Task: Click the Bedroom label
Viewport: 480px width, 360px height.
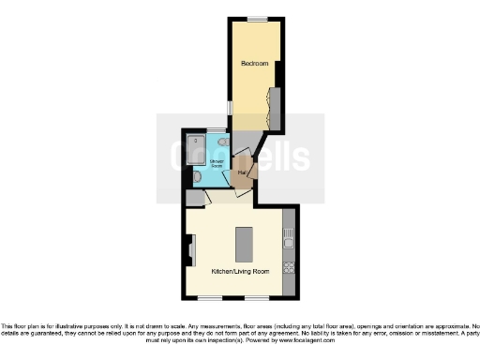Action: tap(254, 64)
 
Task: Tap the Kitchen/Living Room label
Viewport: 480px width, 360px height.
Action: tap(240, 271)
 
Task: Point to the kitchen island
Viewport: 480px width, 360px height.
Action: tap(245, 244)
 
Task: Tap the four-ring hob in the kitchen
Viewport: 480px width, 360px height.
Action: tap(288, 266)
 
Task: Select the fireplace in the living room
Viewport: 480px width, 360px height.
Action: tap(190, 251)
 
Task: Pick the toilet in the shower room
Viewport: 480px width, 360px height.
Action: tap(196, 175)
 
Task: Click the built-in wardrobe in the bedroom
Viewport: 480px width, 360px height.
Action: tap(274, 105)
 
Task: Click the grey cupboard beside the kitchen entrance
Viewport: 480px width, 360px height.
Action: tap(194, 198)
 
